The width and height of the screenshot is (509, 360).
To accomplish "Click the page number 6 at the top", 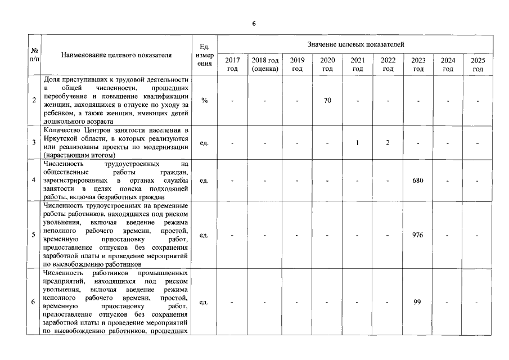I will coord(254,24).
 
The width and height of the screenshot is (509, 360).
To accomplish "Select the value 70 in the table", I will coord(327,101).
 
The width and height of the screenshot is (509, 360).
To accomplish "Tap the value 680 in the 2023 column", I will coord(417,181).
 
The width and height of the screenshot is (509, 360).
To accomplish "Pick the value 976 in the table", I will coord(417,235).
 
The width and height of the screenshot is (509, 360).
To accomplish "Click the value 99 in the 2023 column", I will coord(417,302).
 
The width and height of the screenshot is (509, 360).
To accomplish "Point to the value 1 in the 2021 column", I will coord(357,142).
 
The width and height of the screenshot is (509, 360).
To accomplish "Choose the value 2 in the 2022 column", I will coord(388,142).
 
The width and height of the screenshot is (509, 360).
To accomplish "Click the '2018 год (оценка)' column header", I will coord(265,65).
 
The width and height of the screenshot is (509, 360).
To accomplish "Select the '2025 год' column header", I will coord(478,65).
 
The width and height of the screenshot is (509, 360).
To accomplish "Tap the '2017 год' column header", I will coord(232,65).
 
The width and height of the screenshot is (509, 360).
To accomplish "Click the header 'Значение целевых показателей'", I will coord(355,44).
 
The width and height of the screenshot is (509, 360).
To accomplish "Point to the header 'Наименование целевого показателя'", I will coord(116,55).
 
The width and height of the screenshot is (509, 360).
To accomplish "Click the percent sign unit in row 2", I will coord(204,101).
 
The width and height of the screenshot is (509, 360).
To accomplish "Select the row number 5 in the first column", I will coord(34,235).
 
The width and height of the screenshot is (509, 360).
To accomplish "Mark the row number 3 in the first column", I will coord(34,142).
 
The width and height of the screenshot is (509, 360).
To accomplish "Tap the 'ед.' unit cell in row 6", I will coord(204,302).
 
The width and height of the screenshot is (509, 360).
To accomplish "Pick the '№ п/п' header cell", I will coord(34,55).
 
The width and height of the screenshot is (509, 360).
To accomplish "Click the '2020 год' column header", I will coord(327,65).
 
